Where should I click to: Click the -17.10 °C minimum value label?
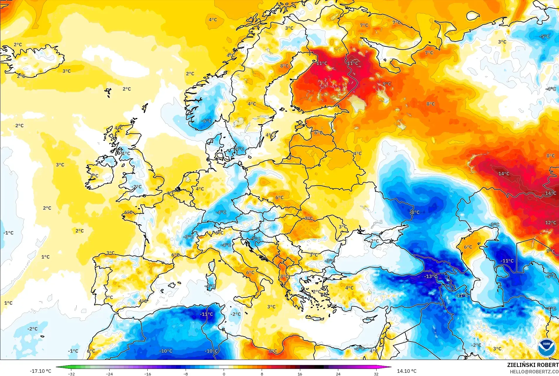coord(40,371)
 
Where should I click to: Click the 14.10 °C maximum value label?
coord(406,371)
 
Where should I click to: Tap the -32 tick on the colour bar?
coord(71,374)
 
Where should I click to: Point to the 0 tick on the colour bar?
coord(224,374)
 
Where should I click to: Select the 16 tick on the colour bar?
coord(300,374)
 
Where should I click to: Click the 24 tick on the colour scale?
coord(338,374)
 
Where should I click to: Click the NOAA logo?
coord(546,347)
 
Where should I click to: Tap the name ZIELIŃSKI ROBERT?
coord(533,365)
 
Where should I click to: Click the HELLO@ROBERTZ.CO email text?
coord(534,372)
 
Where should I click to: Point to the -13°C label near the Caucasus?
coord(431,276)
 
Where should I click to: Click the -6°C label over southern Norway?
coord(206,121)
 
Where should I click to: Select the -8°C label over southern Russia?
coord(415,212)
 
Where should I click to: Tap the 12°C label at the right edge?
coord(551,223)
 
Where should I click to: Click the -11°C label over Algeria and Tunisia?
coord(206,314)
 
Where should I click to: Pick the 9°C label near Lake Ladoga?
coord(387,84)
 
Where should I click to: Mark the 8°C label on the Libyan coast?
coord(273,351)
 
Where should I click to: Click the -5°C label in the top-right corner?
coord(544,37)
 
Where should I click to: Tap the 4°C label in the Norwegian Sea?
coord(213,20)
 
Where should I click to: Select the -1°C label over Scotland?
coord(126,153)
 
